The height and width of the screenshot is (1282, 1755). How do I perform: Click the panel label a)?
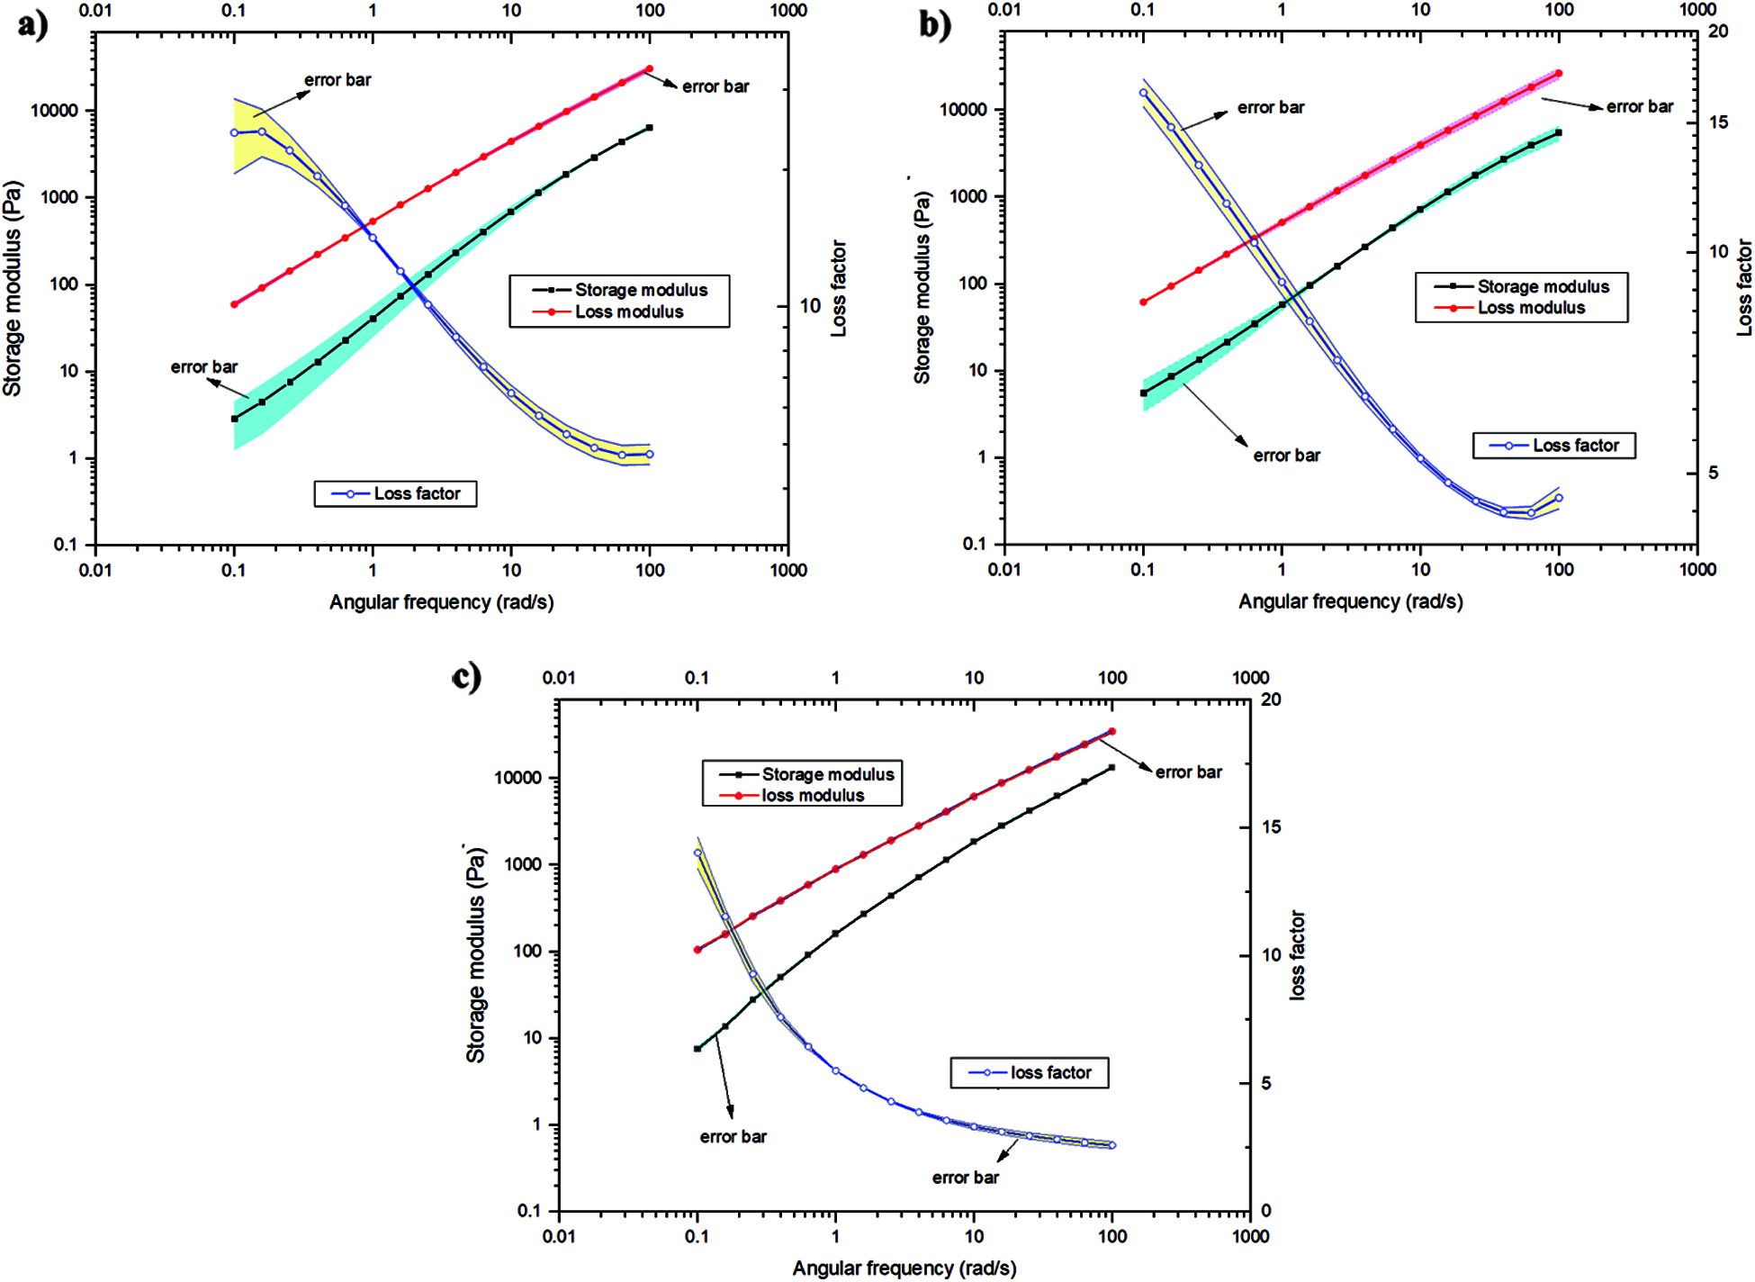pos(32,23)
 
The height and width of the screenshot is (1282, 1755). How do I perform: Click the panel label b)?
pos(935,24)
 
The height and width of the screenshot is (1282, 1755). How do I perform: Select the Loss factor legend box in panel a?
pos(395,493)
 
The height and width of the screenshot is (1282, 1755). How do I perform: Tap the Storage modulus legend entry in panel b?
pos(1521,286)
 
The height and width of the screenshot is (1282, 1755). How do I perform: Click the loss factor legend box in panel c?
pos(1030,1072)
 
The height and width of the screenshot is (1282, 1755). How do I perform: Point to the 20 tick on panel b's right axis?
pos(1718,32)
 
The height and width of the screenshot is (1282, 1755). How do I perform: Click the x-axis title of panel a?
pos(441,601)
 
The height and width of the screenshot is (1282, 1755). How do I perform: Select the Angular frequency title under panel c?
pos(904,1268)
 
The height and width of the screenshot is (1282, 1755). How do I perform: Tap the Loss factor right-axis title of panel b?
pos(1744,287)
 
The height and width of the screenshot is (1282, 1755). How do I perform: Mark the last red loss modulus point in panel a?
pos(649,68)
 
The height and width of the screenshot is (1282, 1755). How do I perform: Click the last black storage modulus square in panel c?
pos(1111,767)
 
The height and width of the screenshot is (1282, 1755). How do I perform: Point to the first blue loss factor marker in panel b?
pos(1143,93)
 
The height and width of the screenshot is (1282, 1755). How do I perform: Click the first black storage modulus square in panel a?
pos(234,419)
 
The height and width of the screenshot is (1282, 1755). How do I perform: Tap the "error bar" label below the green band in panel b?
pos(1287,455)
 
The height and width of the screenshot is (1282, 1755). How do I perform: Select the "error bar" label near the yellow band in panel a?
pos(337,79)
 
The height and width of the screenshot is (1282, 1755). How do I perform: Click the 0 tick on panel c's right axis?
pos(1265,1211)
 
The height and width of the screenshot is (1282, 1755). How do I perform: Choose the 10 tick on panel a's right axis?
pos(810,306)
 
